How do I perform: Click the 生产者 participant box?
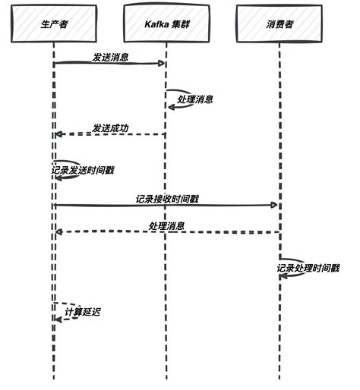53,25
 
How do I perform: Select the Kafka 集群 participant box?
166,25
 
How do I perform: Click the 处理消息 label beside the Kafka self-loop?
195,99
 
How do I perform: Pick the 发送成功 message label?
110,127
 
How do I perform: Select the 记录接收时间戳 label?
167,198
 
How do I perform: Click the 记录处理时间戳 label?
308,268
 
